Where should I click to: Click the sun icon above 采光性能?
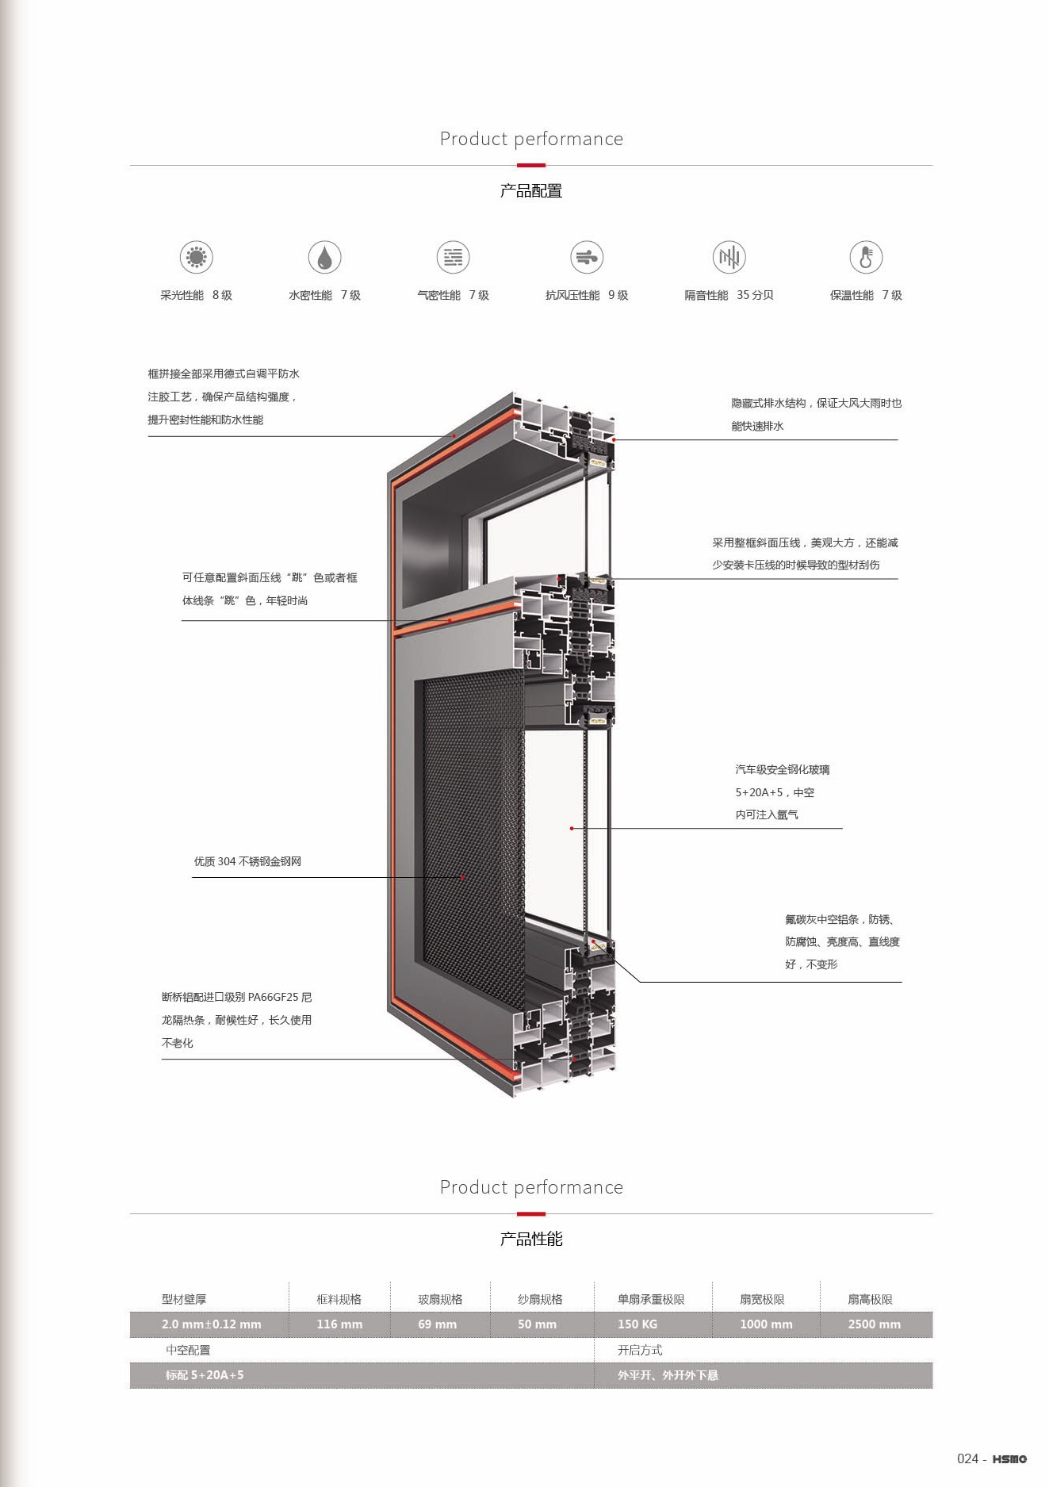[196, 257]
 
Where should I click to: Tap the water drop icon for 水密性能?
[324, 257]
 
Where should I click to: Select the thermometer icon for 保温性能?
[866, 257]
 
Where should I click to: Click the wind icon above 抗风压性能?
[587, 257]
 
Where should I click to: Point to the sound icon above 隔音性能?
[729, 257]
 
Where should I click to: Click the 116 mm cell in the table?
[339, 1324]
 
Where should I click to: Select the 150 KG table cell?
[637, 1324]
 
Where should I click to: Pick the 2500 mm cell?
[874, 1324]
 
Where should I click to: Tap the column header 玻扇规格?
[440, 1299]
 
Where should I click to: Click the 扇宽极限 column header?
[762, 1299]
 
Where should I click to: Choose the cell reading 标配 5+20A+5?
[205, 1374]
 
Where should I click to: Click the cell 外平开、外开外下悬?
[668, 1374]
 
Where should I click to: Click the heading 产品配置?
[530, 191]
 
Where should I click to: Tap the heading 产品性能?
[530, 1239]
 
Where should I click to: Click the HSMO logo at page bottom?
[1009, 1458]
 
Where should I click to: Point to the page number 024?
[967, 1458]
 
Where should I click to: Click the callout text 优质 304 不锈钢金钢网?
[247, 861]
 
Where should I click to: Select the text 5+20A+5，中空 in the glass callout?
[775, 792]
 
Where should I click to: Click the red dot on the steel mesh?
[463, 877]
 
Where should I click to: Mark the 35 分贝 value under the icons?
[755, 295]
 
